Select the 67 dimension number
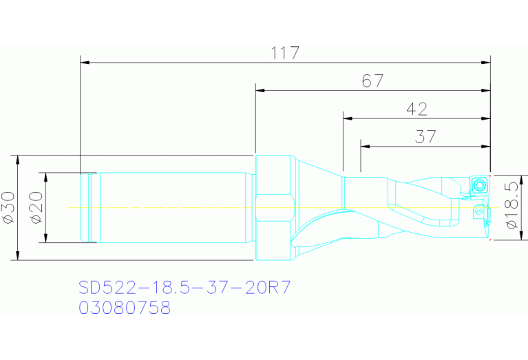373,81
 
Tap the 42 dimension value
416,109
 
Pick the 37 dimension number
425,136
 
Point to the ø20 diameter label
37,207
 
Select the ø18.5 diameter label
511,204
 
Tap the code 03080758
125,308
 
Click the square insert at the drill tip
479,184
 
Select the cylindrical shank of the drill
172,207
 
